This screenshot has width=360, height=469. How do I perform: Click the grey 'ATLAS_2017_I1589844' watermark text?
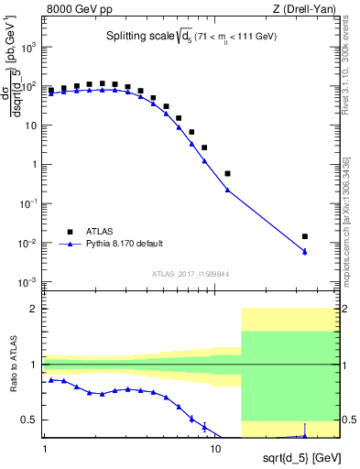click(191, 273)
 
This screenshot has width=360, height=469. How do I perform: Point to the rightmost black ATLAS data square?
click(305, 236)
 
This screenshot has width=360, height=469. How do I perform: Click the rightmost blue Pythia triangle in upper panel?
click(305, 252)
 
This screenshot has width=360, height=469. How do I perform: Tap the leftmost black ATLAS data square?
click(51, 91)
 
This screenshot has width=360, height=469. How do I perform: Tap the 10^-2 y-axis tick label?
click(29, 243)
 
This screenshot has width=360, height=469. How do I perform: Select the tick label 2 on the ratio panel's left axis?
click(35, 309)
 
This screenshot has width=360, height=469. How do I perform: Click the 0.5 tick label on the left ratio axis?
click(30, 420)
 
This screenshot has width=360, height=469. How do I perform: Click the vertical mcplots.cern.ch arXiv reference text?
click(351, 211)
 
